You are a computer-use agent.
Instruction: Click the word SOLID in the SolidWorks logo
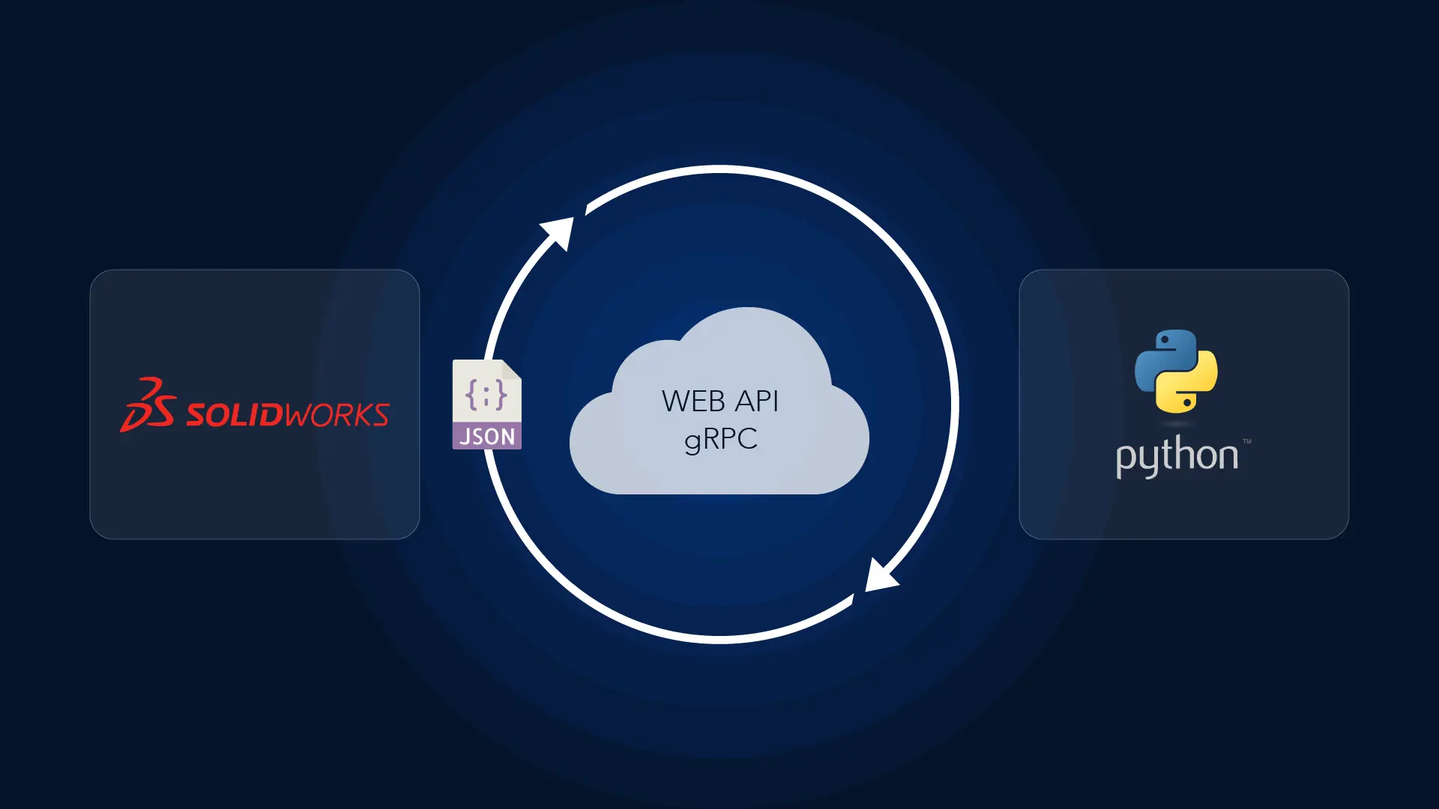click(234, 414)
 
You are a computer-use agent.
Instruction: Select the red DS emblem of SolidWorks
click(148, 404)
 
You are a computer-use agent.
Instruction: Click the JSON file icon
click(486, 404)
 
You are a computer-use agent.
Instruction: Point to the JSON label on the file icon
click(487, 436)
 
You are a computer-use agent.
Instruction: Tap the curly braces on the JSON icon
click(486, 394)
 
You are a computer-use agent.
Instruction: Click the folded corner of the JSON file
click(512, 369)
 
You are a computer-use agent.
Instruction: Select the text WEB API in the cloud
click(719, 402)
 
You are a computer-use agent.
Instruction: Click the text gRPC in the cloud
click(720, 439)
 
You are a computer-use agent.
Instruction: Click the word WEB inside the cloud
click(693, 402)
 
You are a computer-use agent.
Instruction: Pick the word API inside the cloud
click(756, 402)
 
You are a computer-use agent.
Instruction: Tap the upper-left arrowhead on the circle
click(559, 231)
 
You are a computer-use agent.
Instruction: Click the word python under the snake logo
click(1176, 455)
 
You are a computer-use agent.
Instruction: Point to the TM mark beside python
click(1246, 441)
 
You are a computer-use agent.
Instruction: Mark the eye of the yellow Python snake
click(1189, 402)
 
